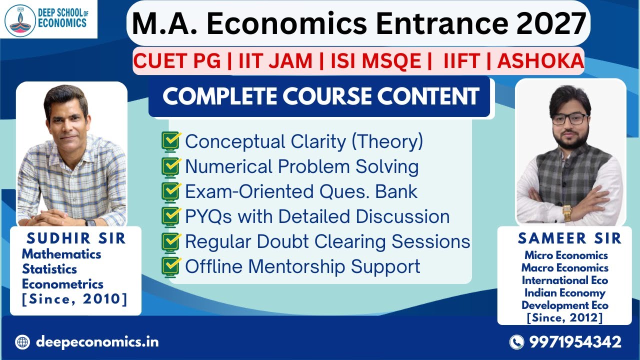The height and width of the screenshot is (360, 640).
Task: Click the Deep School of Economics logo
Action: point(48,18)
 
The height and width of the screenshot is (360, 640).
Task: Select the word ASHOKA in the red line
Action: point(540,61)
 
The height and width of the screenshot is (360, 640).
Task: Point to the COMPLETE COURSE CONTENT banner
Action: point(320,96)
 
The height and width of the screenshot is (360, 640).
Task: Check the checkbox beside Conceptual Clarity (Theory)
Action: point(171,141)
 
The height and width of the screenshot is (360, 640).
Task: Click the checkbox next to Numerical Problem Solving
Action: point(171,166)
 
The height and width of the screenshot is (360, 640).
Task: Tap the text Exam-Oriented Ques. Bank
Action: point(301,191)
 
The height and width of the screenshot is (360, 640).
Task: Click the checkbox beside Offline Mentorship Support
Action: point(171,266)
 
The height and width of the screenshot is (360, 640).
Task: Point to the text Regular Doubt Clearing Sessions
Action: point(327,241)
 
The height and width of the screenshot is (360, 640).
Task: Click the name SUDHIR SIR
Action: point(76,238)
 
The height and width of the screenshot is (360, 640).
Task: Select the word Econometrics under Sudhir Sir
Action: point(62,284)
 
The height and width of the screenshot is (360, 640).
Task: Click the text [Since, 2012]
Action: point(565,317)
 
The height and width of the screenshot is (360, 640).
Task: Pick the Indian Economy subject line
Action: point(565,292)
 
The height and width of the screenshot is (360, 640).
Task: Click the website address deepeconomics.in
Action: point(97,342)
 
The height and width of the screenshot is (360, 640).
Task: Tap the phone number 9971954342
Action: point(575,342)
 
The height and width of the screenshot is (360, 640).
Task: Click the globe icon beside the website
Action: point(22,342)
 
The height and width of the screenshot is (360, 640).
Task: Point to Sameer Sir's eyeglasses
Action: point(570,119)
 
